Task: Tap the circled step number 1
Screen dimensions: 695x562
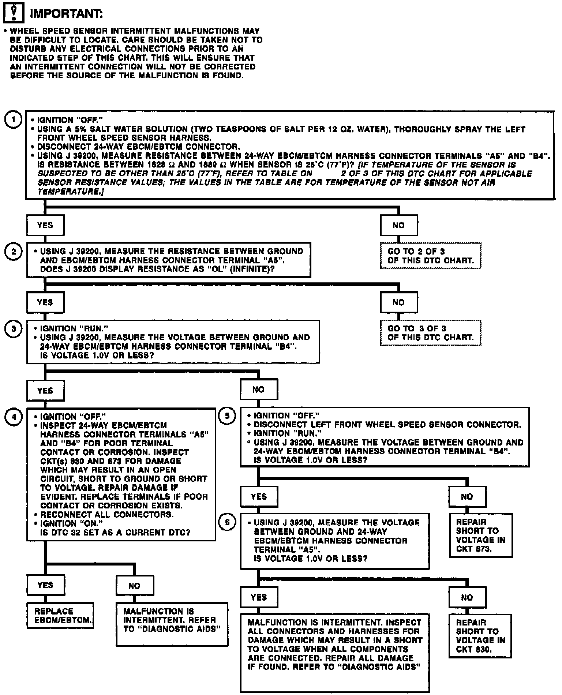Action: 14,120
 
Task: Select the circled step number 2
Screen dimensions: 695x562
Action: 14,251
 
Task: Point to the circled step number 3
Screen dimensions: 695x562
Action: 14,329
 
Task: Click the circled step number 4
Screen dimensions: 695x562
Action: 14,417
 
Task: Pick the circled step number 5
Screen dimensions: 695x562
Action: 227,416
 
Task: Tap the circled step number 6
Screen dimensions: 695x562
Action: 227,522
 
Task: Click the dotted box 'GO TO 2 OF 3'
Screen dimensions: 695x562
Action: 430,256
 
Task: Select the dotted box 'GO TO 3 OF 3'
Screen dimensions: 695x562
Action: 430,333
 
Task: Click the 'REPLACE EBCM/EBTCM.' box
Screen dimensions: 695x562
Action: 60,616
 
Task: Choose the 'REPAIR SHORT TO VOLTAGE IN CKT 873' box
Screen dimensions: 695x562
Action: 480,535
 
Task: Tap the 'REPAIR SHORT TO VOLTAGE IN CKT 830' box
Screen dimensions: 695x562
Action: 480,636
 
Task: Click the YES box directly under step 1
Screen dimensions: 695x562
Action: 45,225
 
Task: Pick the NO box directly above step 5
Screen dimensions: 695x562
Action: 259,390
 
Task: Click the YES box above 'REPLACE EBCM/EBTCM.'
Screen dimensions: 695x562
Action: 45,585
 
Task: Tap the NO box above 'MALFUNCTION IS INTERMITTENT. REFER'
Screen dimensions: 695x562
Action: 135,586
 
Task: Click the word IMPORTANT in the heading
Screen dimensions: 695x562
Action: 66,14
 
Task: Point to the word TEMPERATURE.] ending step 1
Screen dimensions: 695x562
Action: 70,191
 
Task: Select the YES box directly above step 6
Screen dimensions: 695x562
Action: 259,496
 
